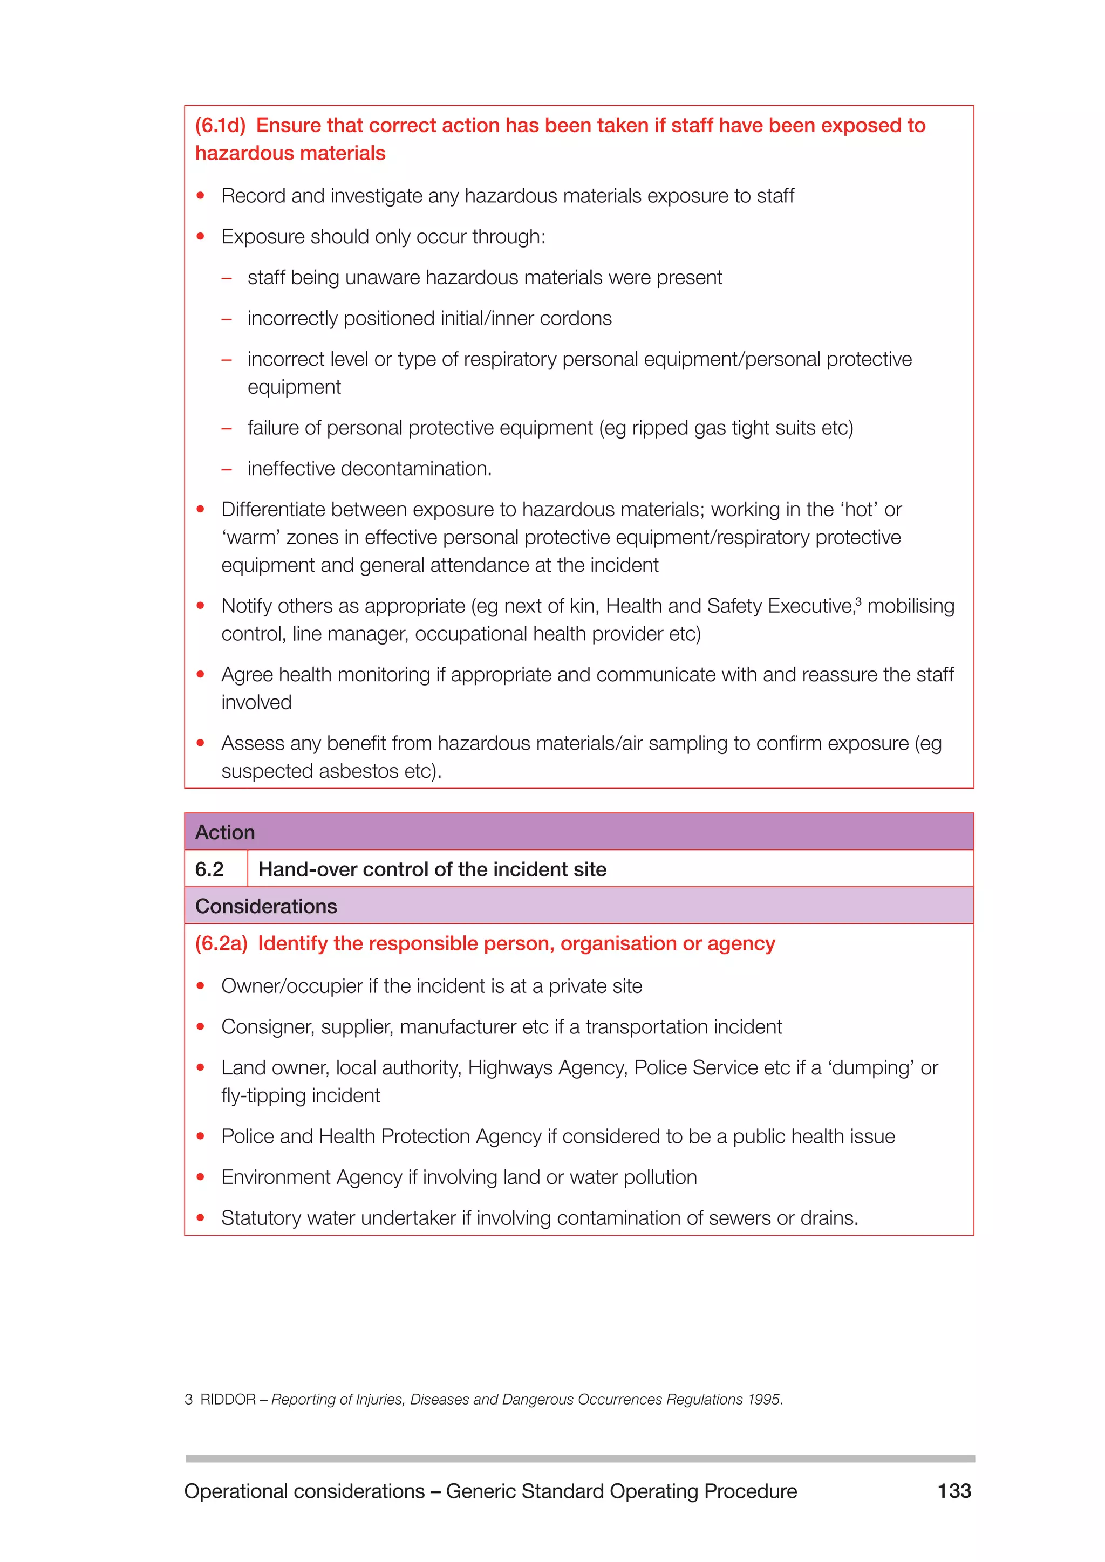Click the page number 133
click(954, 1491)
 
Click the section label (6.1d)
click(220, 125)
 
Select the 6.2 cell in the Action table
click(209, 869)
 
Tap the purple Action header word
click(224, 832)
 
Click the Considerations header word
click(266, 906)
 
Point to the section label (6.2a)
click(221, 943)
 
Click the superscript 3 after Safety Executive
click(858, 601)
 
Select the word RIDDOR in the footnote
click(227, 1400)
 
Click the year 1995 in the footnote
click(763, 1400)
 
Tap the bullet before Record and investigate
click(201, 196)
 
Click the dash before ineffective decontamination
click(227, 469)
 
